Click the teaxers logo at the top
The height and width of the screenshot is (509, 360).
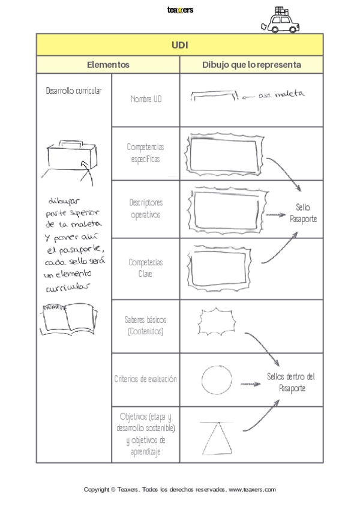pos(180,10)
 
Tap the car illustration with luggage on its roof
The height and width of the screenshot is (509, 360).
pos(278,21)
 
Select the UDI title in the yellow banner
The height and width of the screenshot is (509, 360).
pos(180,45)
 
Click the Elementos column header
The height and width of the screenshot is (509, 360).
pos(108,65)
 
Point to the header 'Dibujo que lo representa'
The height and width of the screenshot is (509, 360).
pos(251,65)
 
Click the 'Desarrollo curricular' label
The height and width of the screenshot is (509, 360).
pos(74,91)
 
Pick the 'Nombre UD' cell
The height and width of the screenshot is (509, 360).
pos(146,99)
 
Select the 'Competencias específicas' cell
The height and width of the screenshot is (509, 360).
pos(146,153)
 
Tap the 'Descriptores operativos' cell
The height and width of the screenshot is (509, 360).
pos(146,208)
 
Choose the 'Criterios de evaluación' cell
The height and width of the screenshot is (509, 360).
pos(146,379)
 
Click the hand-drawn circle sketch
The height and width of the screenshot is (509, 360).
pos(217,379)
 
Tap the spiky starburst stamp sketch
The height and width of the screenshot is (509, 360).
pos(215,323)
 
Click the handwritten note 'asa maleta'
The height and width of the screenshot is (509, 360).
pos(282,94)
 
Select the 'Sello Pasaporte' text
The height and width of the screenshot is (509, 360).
pos(303,213)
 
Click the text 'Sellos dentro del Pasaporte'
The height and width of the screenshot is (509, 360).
pos(291,382)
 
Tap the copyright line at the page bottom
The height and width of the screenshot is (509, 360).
pos(180,490)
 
